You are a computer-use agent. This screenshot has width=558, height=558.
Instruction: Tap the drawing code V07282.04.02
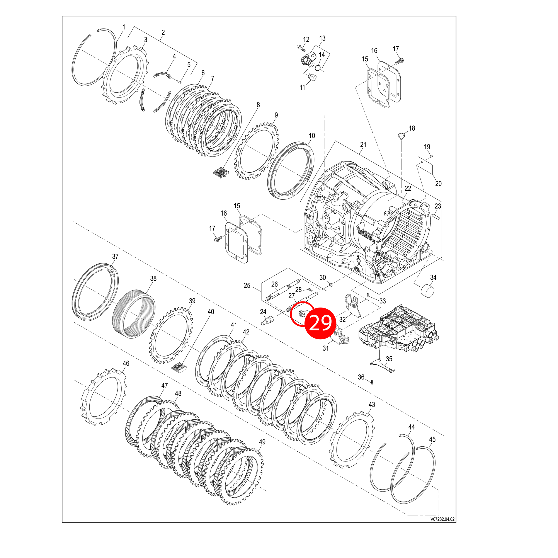coord(442,519)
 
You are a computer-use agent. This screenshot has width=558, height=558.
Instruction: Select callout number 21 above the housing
coord(363,145)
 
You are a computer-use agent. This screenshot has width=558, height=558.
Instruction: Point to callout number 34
coord(433,277)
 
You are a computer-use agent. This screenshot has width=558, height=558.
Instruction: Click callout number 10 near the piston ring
coord(312,136)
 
